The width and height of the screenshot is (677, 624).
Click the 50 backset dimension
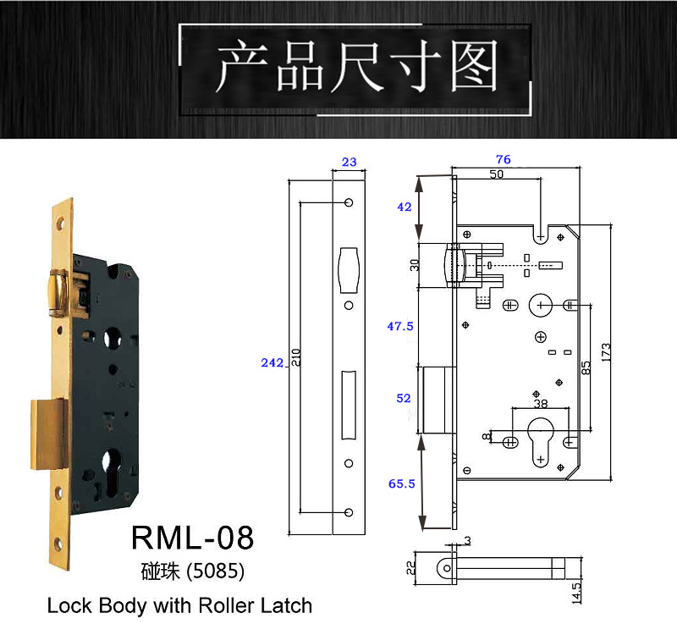click(497, 174)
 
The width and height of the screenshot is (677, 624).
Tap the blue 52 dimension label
click(403, 398)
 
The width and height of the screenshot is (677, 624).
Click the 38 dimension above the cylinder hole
click(539, 404)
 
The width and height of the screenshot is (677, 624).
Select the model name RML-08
click(192, 538)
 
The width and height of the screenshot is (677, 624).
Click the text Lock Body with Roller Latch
click(179, 605)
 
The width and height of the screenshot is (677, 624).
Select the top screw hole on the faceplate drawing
click(348, 203)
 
